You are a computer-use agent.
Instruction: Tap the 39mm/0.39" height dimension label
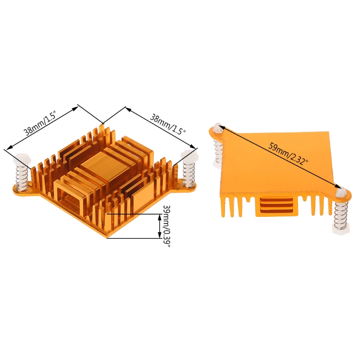tap(166, 226)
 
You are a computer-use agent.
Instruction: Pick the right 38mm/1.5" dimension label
tap(167, 125)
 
